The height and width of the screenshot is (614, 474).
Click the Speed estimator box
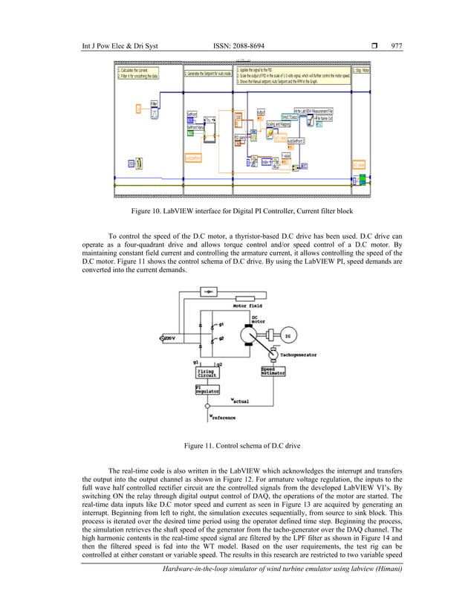click(x=271, y=372)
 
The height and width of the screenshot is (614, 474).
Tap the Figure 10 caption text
click(x=236, y=211)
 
